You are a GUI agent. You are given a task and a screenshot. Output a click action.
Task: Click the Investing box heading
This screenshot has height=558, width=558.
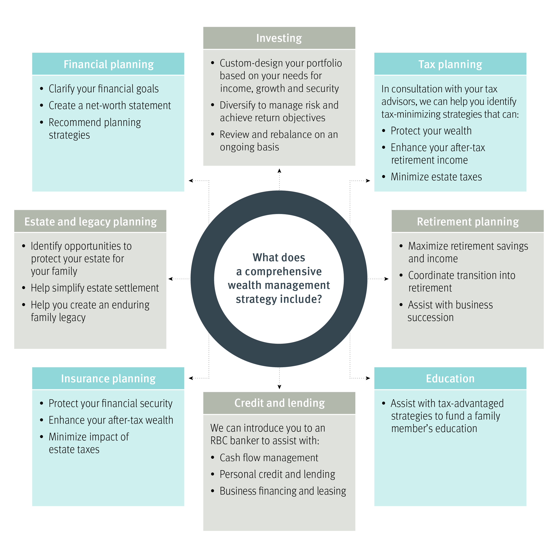point(279,38)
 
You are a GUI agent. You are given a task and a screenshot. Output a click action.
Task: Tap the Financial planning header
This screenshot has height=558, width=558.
point(108,64)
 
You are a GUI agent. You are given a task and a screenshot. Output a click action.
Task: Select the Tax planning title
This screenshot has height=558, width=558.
point(450,64)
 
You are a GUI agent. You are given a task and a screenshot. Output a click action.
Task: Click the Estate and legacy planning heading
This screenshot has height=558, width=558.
point(90,221)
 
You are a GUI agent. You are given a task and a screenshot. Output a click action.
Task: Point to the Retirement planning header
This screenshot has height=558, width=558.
point(468,221)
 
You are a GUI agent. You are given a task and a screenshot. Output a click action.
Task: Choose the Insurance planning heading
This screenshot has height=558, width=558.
point(108,378)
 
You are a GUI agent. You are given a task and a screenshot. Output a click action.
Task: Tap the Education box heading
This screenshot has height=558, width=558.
point(450,378)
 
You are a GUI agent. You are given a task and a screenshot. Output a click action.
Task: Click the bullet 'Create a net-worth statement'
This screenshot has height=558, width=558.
point(110,106)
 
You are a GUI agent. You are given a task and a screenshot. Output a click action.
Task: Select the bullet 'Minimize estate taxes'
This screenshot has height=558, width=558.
point(436,177)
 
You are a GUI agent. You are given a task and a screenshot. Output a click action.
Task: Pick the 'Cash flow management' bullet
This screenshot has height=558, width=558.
point(269,458)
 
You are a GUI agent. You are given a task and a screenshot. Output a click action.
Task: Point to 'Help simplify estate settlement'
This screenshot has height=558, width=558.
point(95,288)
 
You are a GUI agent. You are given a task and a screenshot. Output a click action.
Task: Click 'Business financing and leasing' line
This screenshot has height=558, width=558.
point(283,491)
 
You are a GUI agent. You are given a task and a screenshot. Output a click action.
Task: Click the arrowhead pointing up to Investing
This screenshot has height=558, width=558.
point(279,171)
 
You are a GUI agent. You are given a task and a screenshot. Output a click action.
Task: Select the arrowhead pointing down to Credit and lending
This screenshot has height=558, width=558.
point(279,387)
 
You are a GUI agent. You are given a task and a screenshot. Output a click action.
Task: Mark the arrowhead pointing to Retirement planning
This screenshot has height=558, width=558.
point(386,279)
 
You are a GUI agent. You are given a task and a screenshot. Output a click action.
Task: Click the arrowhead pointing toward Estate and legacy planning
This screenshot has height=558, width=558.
point(170,279)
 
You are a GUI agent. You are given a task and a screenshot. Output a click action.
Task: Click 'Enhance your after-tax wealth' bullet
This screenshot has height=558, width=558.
point(111,420)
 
